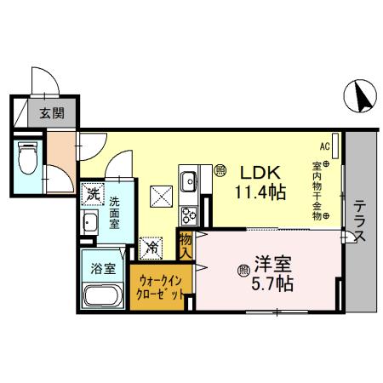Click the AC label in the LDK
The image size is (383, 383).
325,146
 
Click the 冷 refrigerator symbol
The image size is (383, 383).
151,248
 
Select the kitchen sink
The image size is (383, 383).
188,180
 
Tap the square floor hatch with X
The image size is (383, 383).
161,197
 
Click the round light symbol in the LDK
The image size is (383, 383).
219,169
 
